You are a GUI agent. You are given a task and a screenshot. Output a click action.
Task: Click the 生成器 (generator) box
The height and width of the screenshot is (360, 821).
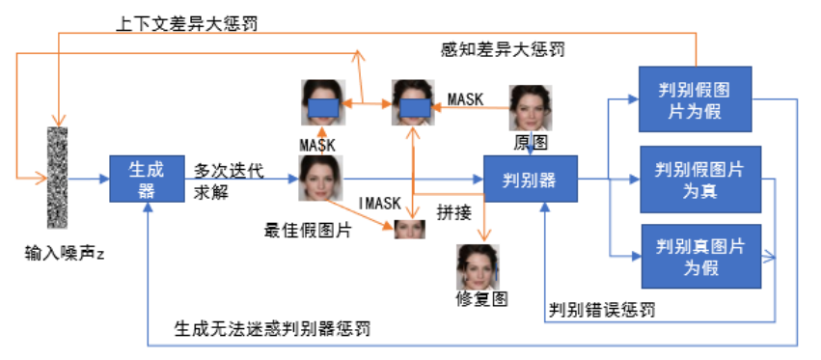tap(146, 179)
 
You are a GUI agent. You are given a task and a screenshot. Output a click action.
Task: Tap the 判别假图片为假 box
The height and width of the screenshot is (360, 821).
tap(693, 101)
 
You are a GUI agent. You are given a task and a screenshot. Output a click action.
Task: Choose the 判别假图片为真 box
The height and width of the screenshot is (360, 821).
tap(699, 180)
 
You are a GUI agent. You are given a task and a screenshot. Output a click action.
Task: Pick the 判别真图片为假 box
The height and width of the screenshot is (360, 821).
tap(699, 256)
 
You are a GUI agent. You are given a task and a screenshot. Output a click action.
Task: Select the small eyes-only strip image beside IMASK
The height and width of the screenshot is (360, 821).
tap(410, 229)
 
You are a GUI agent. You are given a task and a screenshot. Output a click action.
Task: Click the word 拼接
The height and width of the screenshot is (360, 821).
tap(453, 210)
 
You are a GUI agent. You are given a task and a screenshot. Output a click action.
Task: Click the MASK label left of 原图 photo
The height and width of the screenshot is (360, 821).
tap(466, 98)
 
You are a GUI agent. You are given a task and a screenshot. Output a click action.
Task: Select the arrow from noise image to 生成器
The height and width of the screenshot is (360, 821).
tap(90, 179)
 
